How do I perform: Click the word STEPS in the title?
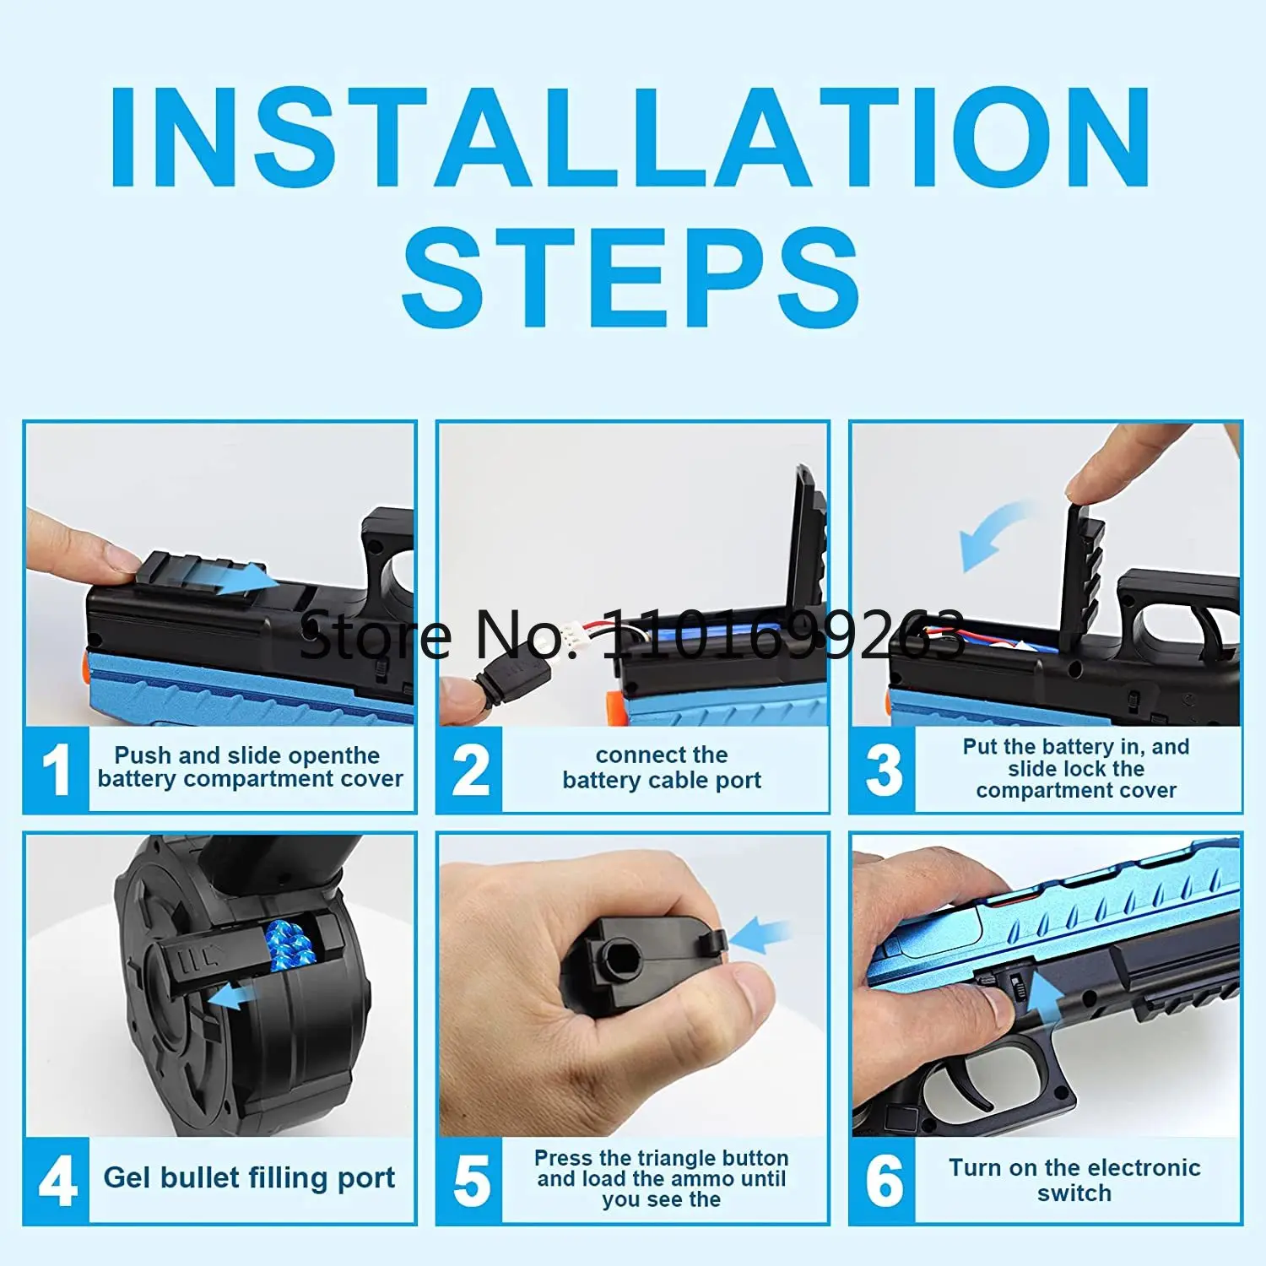pyautogui.click(x=631, y=278)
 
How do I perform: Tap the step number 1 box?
pyautogui.click(x=57, y=770)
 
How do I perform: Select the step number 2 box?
pyautogui.click(x=470, y=770)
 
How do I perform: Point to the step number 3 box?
pyautogui.click(x=883, y=770)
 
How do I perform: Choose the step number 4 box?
pyautogui.click(x=57, y=1180)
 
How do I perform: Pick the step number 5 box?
pyautogui.click(x=470, y=1180)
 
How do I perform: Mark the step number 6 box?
pyautogui.click(x=883, y=1180)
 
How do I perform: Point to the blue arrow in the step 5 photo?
pyautogui.click(x=760, y=935)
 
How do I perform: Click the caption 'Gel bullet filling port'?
pyautogui.click(x=249, y=1177)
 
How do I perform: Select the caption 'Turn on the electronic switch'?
pyautogui.click(x=1074, y=1180)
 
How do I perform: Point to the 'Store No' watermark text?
pyautogui.click(x=633, y=635)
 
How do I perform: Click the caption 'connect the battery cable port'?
pyautogui.click(x=662, y=767)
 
